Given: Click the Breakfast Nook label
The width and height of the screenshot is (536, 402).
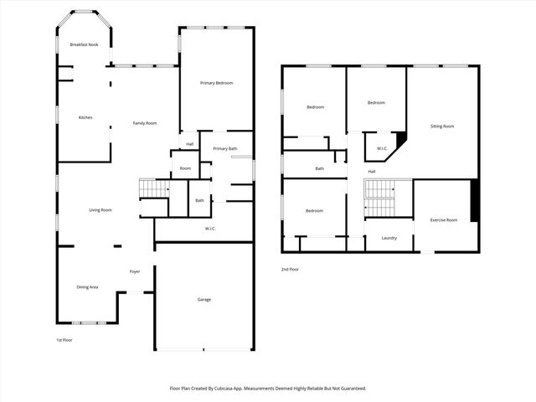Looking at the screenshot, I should tap(84, 44).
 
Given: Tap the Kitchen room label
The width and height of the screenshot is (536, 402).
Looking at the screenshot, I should tap(85, 117).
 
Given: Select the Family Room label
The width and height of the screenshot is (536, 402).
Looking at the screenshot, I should tap(145, 123).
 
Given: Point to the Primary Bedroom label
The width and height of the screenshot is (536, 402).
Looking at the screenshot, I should tap(216, 83).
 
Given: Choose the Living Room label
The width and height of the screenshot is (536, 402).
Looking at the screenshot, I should tap(100, 210).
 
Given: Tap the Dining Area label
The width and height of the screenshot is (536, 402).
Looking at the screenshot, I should tap(88, 287).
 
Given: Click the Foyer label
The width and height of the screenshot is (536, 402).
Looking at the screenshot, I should tap(134, 272).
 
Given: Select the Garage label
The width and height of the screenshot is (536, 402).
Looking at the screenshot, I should tap(204, 299).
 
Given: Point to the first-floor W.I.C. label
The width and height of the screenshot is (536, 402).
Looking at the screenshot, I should tap(211, 228).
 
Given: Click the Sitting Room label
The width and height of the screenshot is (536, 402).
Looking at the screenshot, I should tap(442, 126).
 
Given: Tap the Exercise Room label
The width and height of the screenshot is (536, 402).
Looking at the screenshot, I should tap(444, 219).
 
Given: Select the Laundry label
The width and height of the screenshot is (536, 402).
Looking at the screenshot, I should tap(389, 238).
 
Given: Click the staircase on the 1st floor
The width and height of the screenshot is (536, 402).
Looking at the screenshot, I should tap(153, 189).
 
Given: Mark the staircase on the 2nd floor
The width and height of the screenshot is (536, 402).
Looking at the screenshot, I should tap(379, 198).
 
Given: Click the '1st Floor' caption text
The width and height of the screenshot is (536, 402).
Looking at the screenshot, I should tap(64, 340).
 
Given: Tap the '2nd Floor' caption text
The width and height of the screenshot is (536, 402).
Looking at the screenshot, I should tap(290, 270).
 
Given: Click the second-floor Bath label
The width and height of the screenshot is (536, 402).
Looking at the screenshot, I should tap(319, 168).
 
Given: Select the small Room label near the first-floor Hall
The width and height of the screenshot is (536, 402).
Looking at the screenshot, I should tap(185, 168).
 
